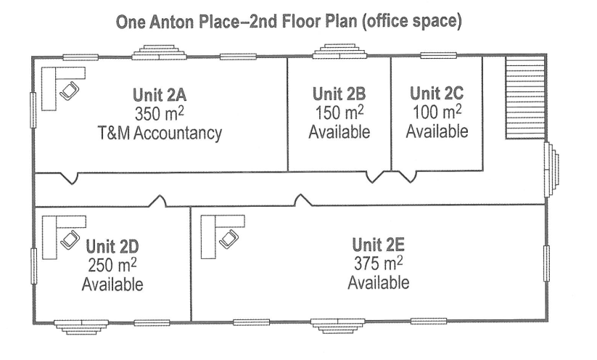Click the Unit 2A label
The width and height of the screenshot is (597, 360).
[160, 95]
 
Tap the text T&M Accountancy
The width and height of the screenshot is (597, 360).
[160, 133]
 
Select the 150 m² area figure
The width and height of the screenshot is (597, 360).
[339, 112]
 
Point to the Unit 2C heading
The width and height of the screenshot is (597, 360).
[437, 93]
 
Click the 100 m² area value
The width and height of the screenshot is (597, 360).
[437, 112]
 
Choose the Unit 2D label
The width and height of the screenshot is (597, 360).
[112, 247]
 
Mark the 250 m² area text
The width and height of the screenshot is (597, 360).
[112, 265]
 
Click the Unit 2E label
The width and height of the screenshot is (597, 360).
[378, 245]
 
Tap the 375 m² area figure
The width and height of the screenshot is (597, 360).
[379, 263]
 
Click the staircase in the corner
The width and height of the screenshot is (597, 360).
[525, 98]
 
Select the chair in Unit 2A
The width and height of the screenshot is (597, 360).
[70, 91]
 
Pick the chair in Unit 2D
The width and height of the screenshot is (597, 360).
[70, 240]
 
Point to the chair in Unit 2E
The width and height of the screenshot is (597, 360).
[228, 239]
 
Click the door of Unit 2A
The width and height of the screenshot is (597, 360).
[69, 178]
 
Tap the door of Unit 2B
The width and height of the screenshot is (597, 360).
[375, 177]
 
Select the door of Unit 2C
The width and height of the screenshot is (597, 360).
[408, 177]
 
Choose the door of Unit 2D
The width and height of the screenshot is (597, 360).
[157, 202]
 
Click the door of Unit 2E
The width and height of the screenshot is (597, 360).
[303, 200]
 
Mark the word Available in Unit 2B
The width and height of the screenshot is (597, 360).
[339, 132]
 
